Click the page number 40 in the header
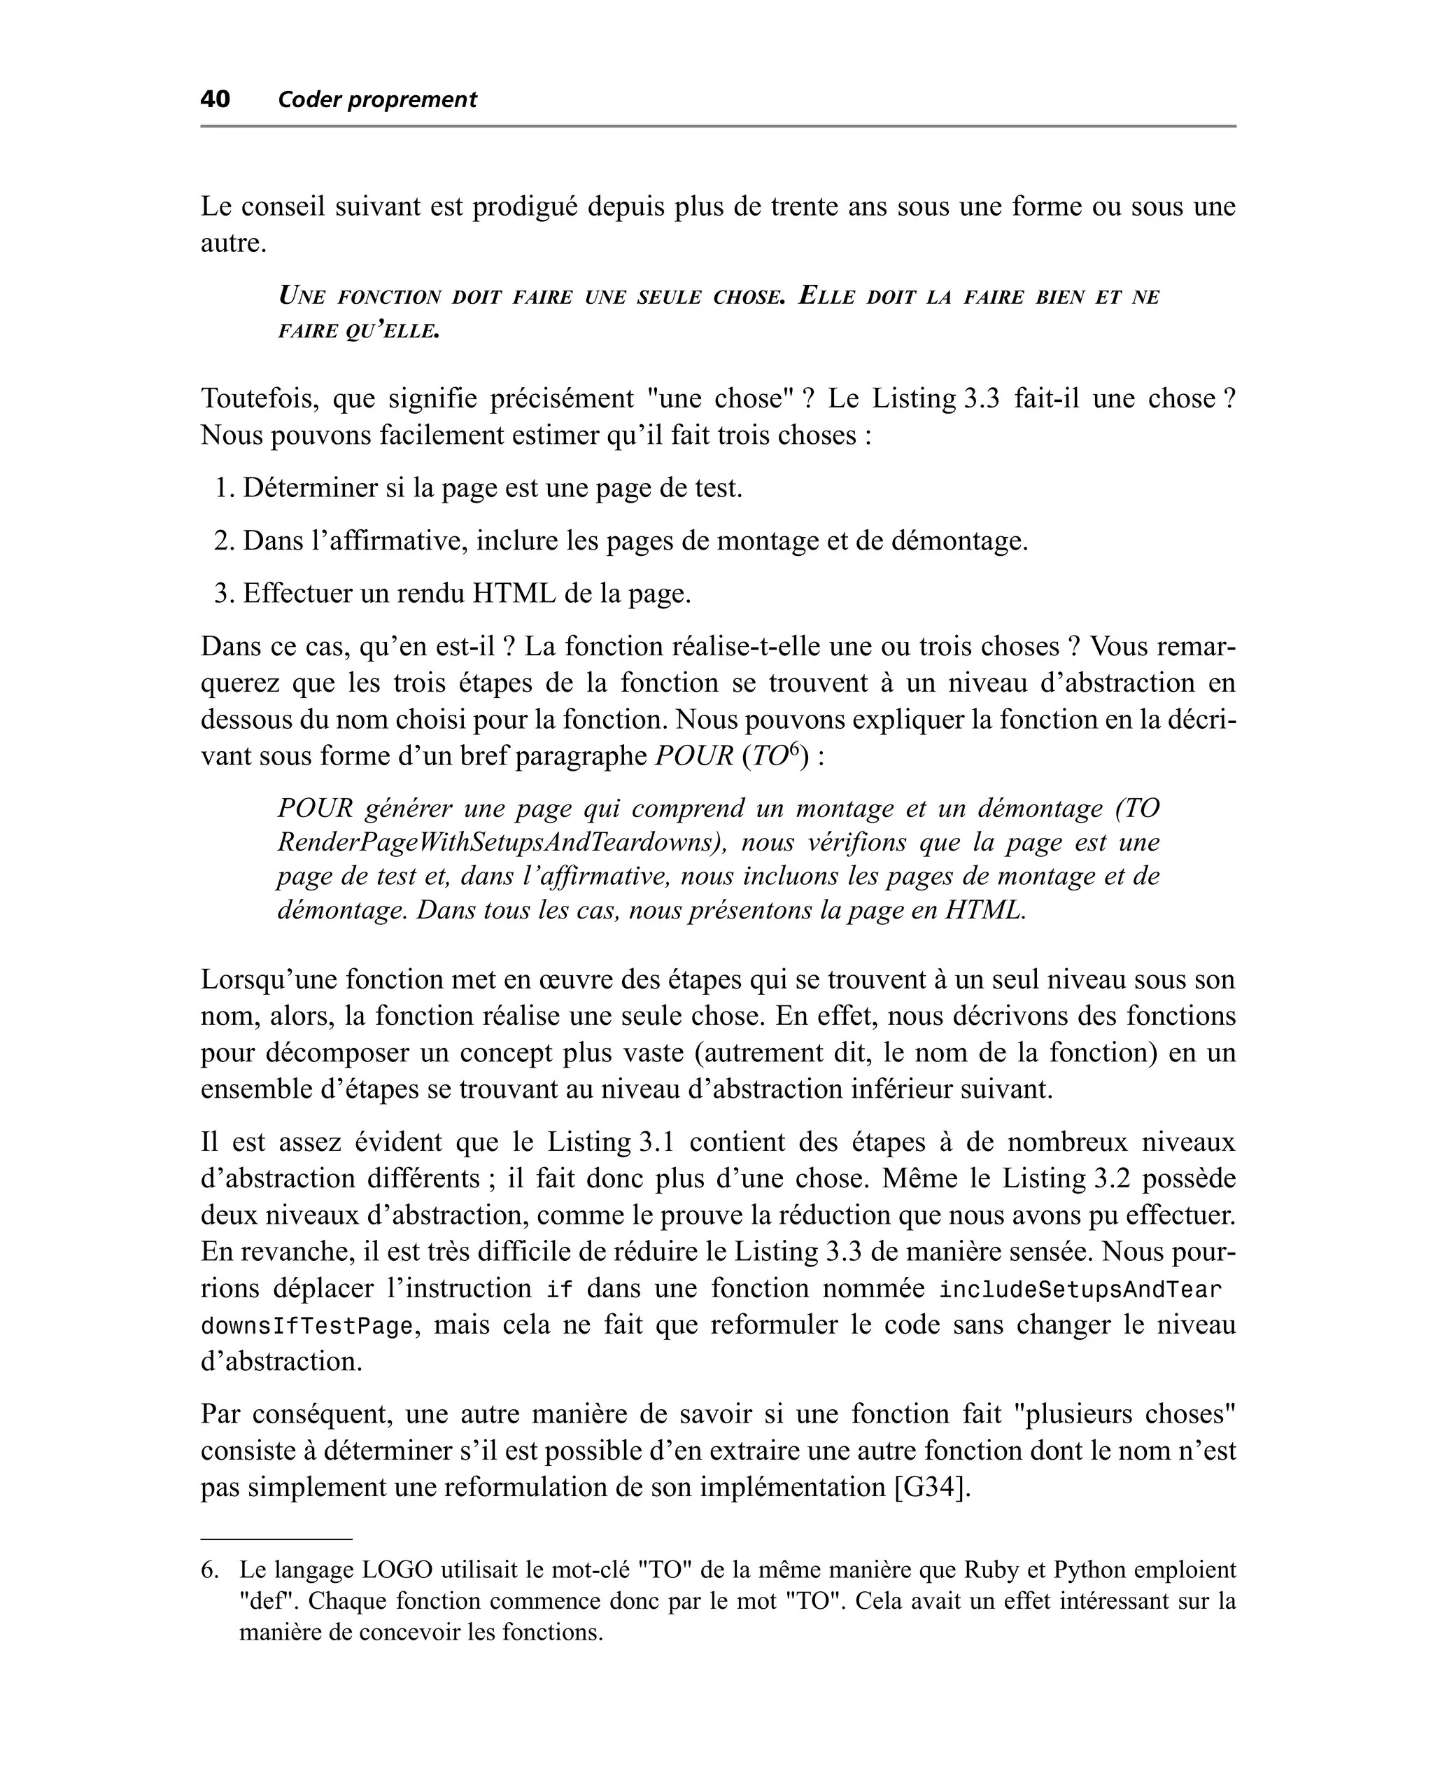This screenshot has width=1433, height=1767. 215,99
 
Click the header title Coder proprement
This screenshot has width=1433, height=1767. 377,100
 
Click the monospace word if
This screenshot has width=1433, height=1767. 559,1290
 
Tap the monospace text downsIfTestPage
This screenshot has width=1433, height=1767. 306,1326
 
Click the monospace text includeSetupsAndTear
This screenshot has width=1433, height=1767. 1080,1290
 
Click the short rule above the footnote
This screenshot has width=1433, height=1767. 276,1539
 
